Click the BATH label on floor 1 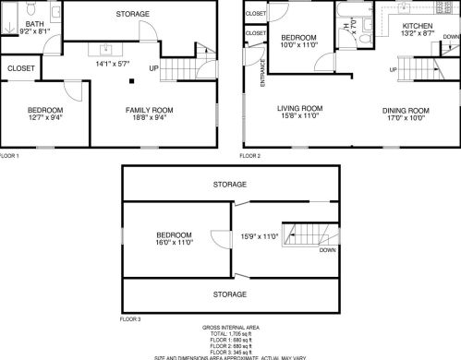click(34, 23)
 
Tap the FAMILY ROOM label click(150, 110)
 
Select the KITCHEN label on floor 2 click(419, 26)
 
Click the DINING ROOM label click(406, 110)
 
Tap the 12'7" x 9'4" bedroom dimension click(44, 117)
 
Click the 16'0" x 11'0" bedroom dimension click(173, 243)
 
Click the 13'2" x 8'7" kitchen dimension click(419, 33)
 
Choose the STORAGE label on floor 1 click(133, 15)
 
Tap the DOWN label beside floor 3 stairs click(327, 249)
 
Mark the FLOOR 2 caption click(250, 157)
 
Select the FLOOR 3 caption click(129, 318)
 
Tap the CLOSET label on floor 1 click(20, 68)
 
